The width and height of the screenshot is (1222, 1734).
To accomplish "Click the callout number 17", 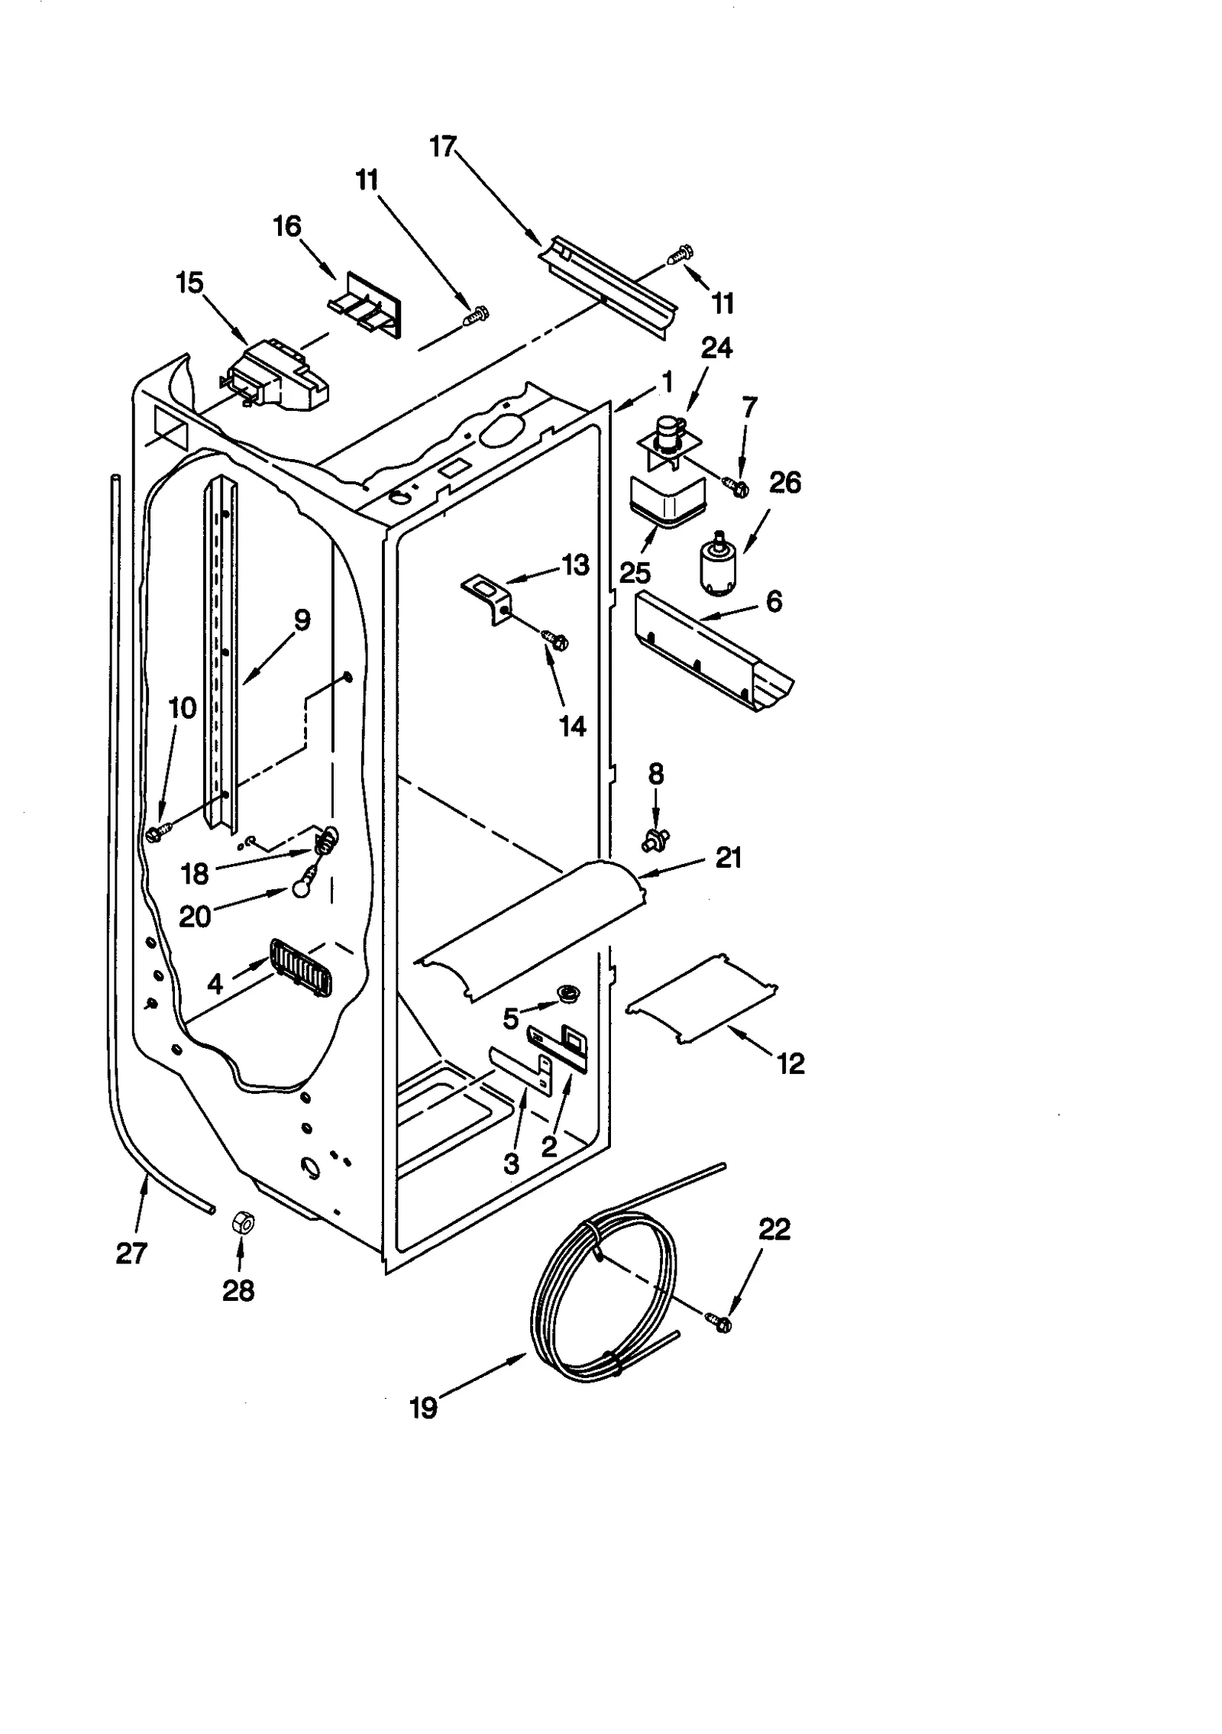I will (443, 147).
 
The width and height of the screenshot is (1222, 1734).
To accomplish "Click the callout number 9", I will (302, 621).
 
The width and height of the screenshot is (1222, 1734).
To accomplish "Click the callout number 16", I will (288, 227).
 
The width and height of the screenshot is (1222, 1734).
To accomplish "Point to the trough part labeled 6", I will (710, 653).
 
